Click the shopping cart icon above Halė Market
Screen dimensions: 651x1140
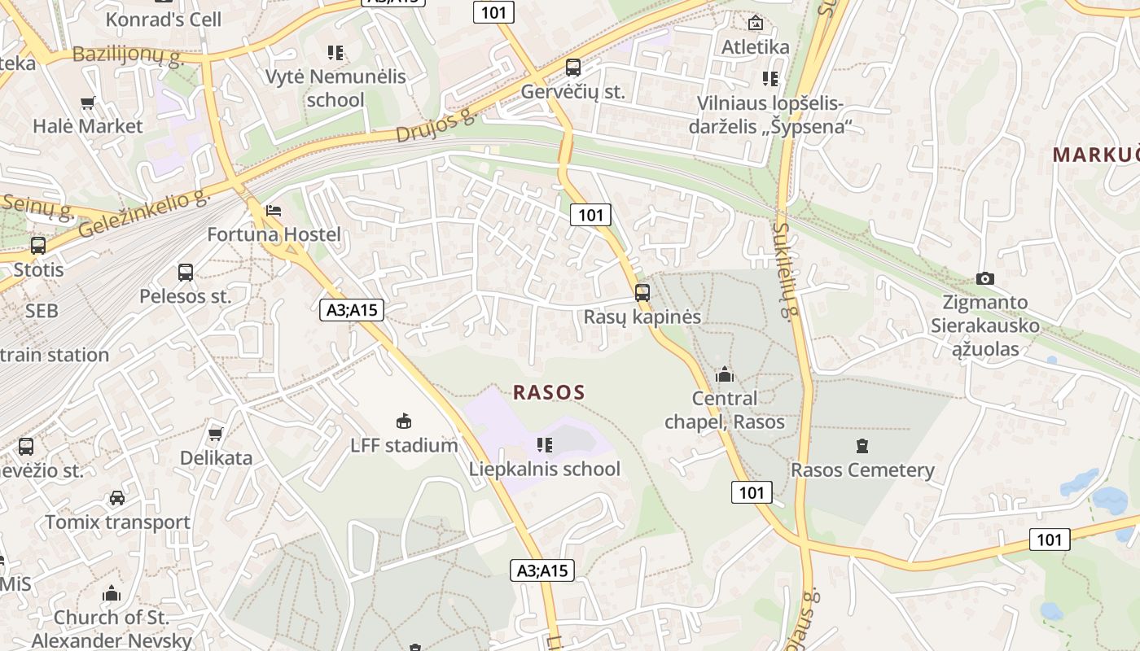click(88, 103)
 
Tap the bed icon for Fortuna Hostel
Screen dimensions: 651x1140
click(274, 211)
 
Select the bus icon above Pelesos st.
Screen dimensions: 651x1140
click(186, 273)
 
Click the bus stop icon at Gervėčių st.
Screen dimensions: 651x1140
click(573, 68)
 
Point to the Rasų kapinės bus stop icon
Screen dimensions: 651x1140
click(642, 293)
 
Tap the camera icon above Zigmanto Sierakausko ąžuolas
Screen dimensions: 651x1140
click(985, 278)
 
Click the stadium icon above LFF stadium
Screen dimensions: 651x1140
click(404, 421)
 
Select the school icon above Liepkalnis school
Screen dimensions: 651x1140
click(545, 444)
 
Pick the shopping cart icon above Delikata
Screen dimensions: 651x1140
click(216, 434)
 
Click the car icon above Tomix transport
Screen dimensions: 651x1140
click(117, 498)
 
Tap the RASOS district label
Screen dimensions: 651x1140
click(549, 392)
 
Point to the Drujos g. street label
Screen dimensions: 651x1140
click(436, 125)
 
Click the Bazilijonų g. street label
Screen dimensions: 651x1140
click(129, 55)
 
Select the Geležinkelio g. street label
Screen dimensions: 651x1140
click(145, 215)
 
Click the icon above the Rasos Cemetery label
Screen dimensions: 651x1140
click(862, 446)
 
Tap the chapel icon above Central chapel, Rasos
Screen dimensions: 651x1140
click(724, 374)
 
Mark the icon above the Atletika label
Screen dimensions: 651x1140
click(755, 23)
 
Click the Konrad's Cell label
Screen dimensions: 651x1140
click(164, 19)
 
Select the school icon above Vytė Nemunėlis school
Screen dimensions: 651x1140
click(335, 53)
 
